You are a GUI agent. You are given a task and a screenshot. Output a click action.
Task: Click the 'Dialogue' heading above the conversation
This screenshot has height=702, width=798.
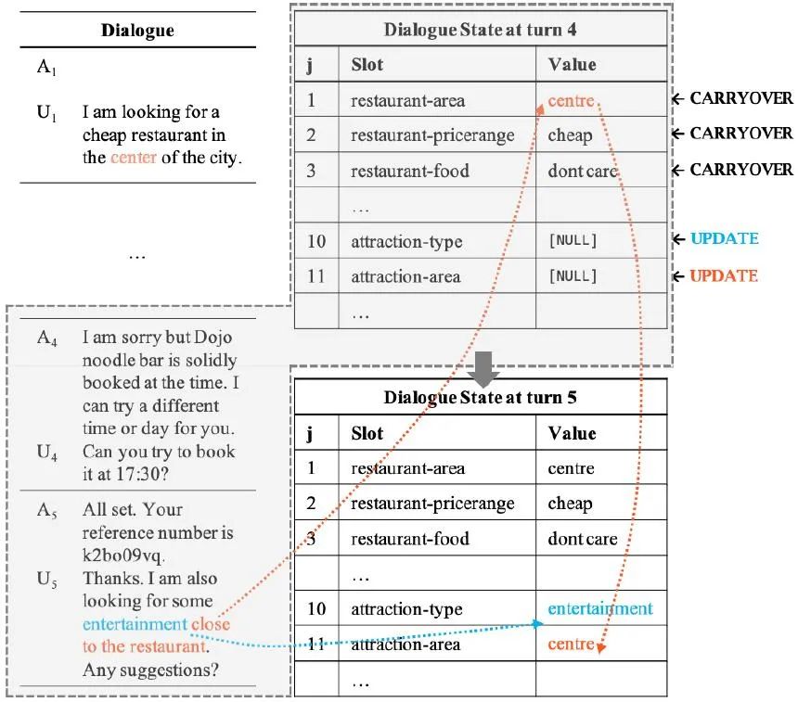click(x=137, y=31)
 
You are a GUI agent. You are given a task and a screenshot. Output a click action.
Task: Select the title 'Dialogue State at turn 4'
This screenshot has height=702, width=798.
click(x=480, y=29)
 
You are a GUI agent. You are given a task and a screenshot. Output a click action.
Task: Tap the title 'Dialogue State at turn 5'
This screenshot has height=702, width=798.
click(x=480, y=398)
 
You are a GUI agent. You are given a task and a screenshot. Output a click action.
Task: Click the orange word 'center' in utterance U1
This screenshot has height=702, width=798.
click(x=133, y=157)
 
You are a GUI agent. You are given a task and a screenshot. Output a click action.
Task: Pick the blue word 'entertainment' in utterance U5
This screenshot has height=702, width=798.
click(x=135, y=624)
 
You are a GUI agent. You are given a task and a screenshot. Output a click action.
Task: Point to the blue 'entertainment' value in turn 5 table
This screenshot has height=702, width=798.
click(x=600, y=609)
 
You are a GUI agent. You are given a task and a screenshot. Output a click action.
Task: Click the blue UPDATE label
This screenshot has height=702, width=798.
click(x=724, y=239)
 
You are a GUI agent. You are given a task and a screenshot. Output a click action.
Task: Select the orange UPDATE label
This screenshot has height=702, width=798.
click(x=724, y=275)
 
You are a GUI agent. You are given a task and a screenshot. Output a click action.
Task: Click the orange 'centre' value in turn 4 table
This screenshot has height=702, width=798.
click(x=570, y=100)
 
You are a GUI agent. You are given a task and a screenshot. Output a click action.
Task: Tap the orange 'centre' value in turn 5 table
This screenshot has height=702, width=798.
click(x=570, y=644)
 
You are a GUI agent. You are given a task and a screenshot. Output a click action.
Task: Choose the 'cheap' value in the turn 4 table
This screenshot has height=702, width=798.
click(x=570, y=135)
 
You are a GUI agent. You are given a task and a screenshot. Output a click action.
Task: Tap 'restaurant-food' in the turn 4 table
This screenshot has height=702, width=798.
click(x=409, y=171)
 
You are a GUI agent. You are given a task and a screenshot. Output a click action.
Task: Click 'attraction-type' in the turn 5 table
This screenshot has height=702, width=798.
click(x=406, y=609)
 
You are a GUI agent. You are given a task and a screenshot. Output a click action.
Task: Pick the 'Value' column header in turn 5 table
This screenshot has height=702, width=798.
click(x=572, y=434)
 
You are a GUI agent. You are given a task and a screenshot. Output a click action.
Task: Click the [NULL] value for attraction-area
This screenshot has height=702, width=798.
click(x=573, y=276)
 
